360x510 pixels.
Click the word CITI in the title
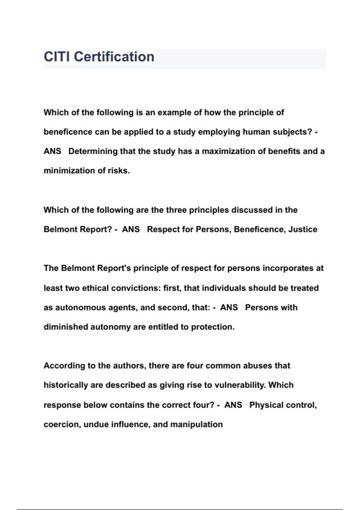tap(57, 57)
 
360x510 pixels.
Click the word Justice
tap(303, 229)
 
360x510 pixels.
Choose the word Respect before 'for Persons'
tap(163, 229)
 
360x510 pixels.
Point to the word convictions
tap(136, 288)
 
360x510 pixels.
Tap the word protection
tap(213, 327)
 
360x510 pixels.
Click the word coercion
tap(62, 424)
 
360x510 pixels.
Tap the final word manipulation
tap(196, 424)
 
